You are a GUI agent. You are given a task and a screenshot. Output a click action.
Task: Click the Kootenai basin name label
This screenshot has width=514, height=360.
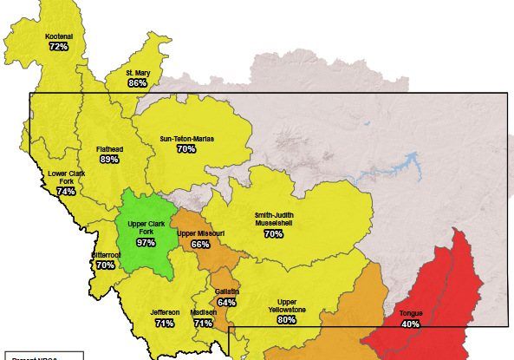point(59,36)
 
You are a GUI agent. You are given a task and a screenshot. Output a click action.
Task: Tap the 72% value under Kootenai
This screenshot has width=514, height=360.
point(59,46)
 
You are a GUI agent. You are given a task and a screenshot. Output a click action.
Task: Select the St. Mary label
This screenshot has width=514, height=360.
point(138,73)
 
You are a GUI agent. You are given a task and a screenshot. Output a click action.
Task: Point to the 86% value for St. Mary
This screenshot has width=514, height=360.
point(138,83)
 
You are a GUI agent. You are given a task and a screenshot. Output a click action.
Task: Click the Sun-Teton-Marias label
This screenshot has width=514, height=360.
point(186,138)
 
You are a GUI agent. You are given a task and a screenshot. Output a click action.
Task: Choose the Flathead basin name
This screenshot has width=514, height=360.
point(109,148)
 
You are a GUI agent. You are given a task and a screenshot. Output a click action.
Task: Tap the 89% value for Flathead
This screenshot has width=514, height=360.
point(109,159)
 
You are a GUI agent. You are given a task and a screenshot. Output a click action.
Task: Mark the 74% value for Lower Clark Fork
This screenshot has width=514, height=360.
point(66,191)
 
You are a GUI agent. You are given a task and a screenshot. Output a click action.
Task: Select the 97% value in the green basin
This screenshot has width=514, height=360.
point(146,242)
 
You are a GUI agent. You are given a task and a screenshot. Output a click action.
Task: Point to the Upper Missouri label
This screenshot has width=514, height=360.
point(200,233)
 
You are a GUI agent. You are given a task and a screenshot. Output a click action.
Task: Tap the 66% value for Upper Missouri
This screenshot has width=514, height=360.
point(200,244)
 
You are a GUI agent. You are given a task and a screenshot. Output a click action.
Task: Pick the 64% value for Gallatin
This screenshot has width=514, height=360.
point(227,302)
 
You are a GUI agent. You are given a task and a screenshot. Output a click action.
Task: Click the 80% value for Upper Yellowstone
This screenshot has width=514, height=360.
point(286,318)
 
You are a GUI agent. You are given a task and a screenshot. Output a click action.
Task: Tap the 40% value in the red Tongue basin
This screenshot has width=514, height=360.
point(411,324)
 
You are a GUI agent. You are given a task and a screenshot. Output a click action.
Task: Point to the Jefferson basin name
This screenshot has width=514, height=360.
point(165,312)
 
